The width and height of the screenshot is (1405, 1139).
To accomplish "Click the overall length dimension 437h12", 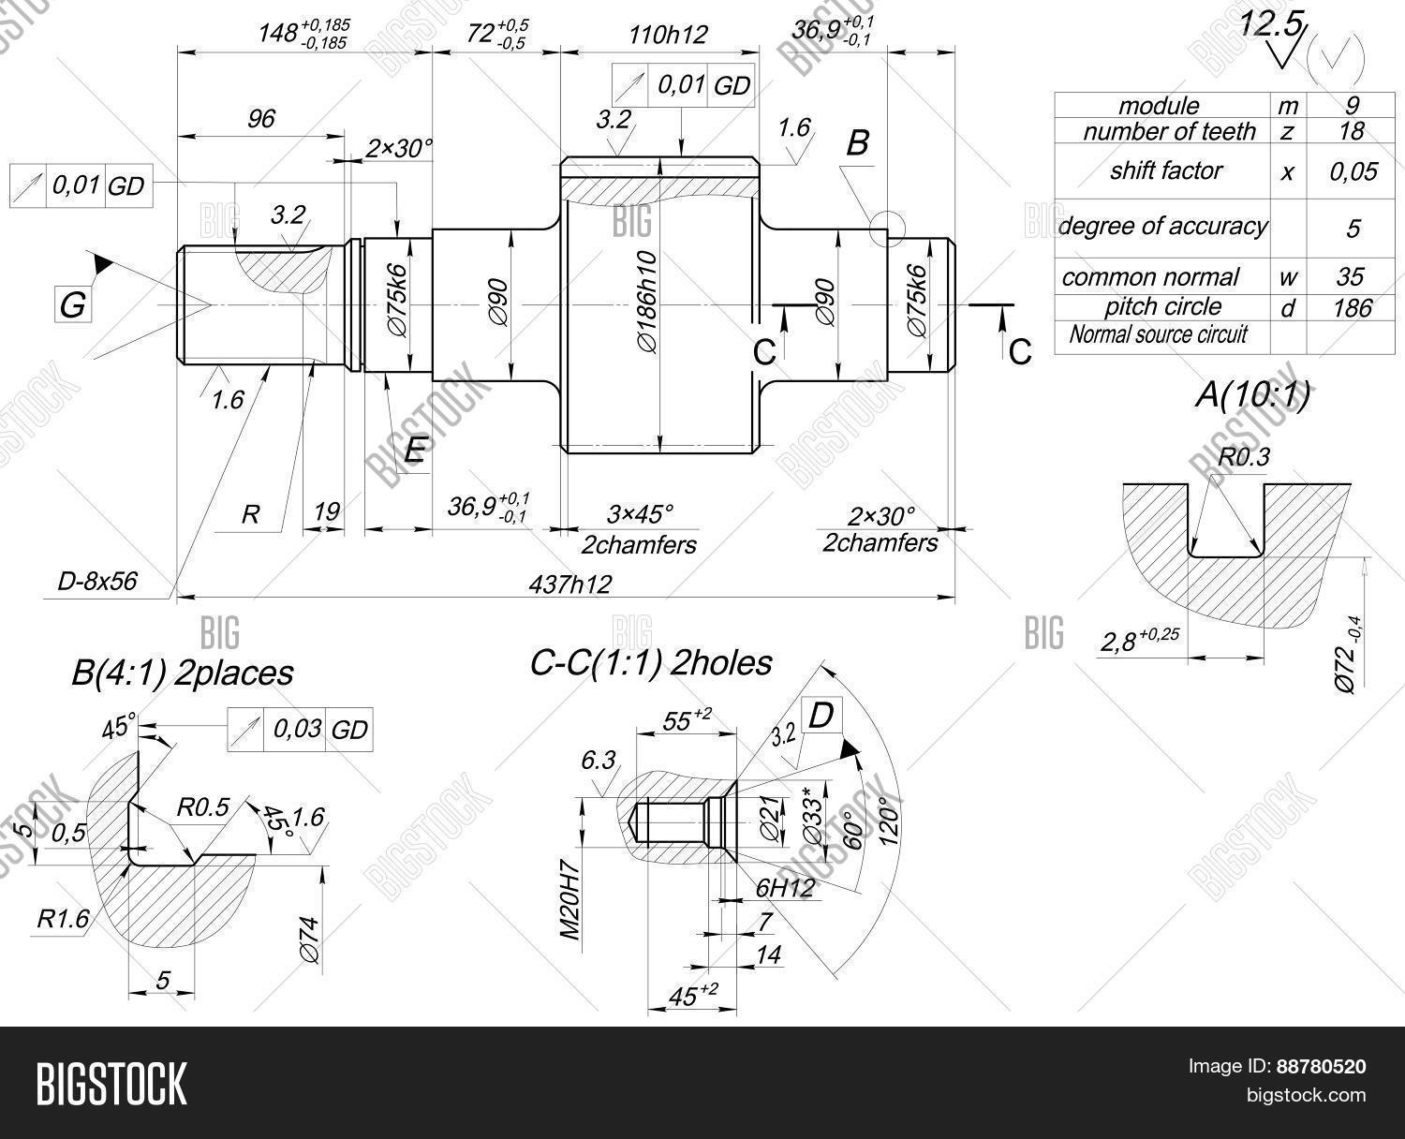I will [569, 584].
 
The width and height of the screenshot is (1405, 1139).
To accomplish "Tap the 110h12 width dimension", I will [666, 35].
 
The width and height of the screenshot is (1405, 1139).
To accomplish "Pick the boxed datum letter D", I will [821, 716].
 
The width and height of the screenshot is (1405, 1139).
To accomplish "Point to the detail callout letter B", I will [857, 143].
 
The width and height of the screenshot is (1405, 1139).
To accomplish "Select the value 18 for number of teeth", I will [1351, 130].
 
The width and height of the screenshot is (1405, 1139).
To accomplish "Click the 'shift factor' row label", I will [1165, 170].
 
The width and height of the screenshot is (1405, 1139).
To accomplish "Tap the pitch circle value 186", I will [1351, 307].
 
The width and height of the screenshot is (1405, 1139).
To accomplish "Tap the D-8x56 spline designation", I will [97, 581].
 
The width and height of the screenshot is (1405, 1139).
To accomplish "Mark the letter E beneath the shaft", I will [414, 451].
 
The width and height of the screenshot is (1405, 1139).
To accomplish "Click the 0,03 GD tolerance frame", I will [300, 730].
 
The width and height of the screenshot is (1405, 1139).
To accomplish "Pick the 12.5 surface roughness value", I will [1270, 24].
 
